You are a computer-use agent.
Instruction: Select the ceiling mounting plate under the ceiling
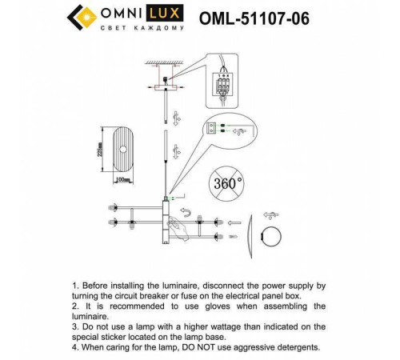(x=166, y=81)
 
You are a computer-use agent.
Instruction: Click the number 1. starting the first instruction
(x=76, y=285)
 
